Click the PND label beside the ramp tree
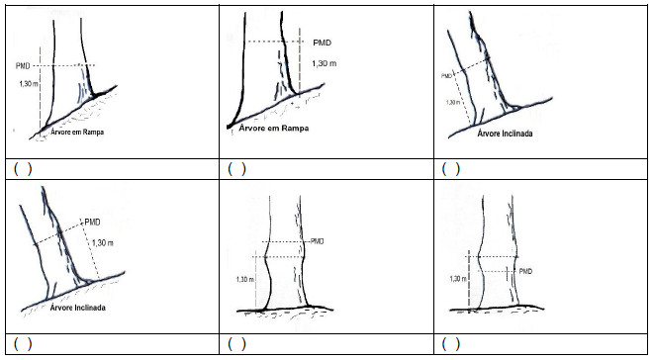pyautogui.click(x=23, y=65)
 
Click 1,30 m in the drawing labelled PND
pyautogui.click(x=29, y=84)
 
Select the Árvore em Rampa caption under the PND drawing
pyautogui.click(x=77, y=132)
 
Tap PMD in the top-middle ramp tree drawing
pyautogui.click(x=322, y=43)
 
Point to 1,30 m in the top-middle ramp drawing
pyautogui.click(x=324, y=63)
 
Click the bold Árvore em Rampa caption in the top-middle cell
pyautogui.click(x=274, y=128)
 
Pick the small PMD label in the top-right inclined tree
pyautogui.click(x=446, y=76)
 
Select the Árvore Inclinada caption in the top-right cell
pyautogui.click(x=505, y=134)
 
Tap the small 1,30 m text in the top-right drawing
pyautogui.click(x=453, y=102)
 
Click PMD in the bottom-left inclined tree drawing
pyautogui.click(x=92, y=222)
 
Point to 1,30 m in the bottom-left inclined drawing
pyautogui.click(x=103, y=242)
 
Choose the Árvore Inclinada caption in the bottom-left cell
pyautogui.click(x=77, y=308)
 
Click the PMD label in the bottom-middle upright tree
pyautogui.click(x=317, y=241)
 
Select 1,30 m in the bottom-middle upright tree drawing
pyautogui.click(x=245, y=279)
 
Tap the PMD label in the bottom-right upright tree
pyautogui.click(x=525, y=271)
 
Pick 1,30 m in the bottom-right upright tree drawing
pyautogui.click(x=458, y=279)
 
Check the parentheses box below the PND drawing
pyautogui.click(x=23, y=168)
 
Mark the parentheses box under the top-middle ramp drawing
pyautogui.click(x=236, y=168)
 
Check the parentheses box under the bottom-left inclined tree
pyautogui.click(x=23, y=344)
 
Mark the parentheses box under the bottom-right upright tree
pyautogui.click(x=450, y=344)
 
